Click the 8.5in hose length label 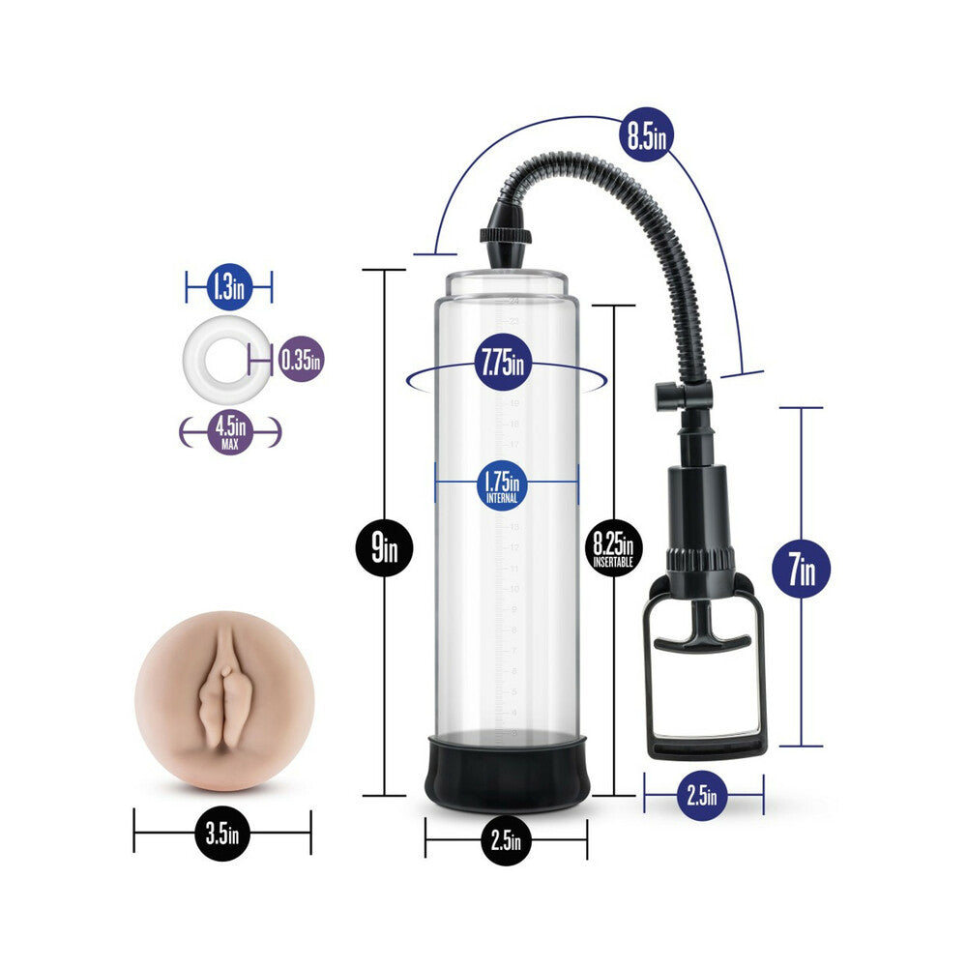pos(645,136)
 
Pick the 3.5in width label pos(221,832)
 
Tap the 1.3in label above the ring pos(229,286)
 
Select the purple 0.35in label pos(301,360)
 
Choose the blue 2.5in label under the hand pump pos(703,797)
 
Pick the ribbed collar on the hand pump pos(700,560)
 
